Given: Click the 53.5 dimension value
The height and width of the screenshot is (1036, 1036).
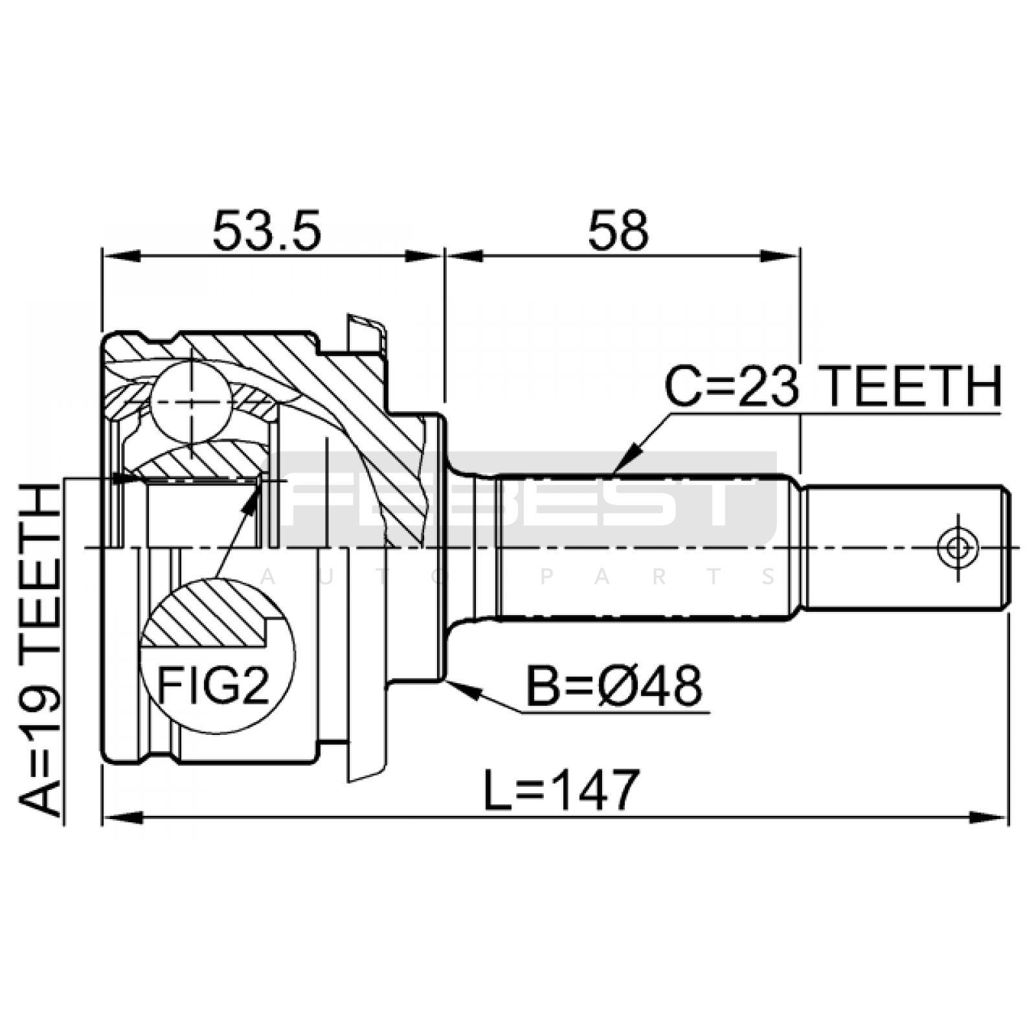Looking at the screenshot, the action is pos(266,231).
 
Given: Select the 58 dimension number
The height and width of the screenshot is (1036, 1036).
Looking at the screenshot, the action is pos(618,231).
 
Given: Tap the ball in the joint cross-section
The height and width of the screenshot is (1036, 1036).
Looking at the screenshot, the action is pos(192,401).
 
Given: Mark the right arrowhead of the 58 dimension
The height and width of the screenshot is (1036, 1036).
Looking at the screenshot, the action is pos(780,256).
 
